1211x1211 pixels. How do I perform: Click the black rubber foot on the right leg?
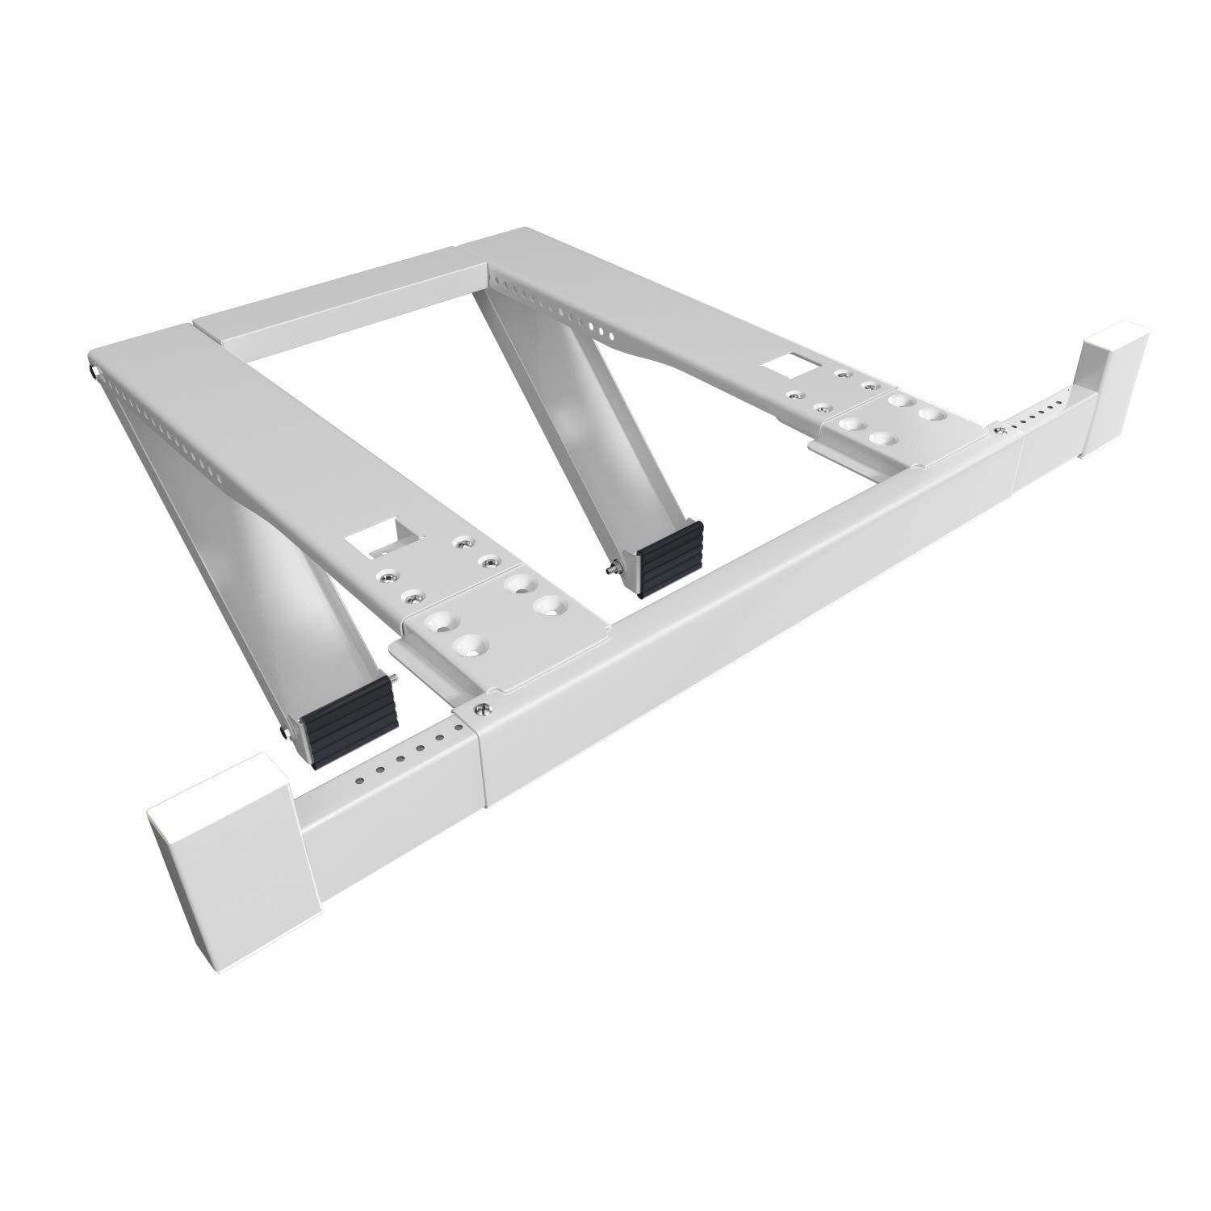[671, 557]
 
